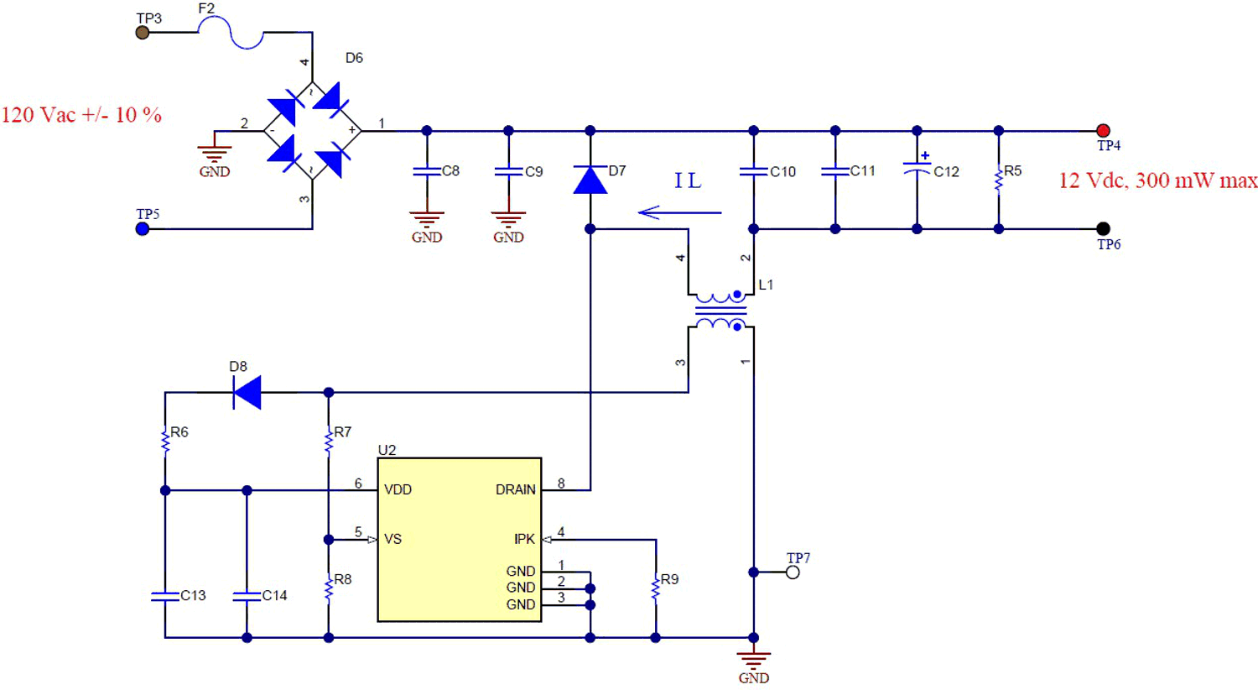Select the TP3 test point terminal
(x=143, y=33)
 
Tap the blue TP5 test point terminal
(x=143, y=228)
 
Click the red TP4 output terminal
(x=1103, y=131)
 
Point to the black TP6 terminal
(x=1103, y=228)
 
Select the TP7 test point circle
(x=793, y=572)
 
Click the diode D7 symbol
(x=590, y=180)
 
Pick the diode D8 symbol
(x=247, y=392)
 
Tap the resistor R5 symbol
(x=998, y=179)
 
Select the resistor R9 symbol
(x=655, y=588)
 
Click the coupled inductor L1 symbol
(x=720, y=311)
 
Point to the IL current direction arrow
(x=679, y=212)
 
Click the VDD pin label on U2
(x=398, y=489)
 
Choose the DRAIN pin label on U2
(x=515, y=489)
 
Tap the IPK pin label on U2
(x=524, y=539)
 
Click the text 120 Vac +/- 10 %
(x=81, y=115)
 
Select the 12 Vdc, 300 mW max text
(x=1157, y=180)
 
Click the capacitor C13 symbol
(x=165, y=596)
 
